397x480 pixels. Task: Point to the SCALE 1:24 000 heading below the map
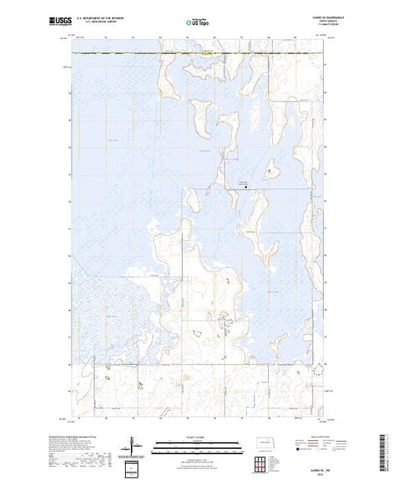tap(197, 438)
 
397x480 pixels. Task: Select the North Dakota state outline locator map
tap(266, 443)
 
